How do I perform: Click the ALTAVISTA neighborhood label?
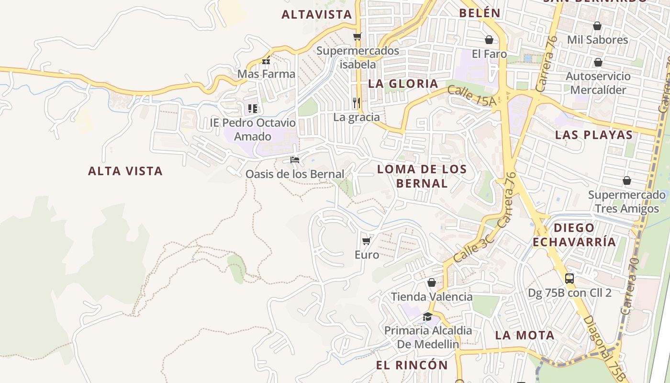tap(317, 14)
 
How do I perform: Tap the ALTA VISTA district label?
tap(125, 171)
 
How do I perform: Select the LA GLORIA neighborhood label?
tap(403, 84)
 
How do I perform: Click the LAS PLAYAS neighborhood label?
tap(593, 135)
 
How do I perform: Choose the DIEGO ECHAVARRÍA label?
tap(574, 235)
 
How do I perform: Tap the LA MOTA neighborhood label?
tap(525, 335)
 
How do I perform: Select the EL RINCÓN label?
tap(412, 365)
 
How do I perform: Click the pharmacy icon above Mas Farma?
tap(266, 61)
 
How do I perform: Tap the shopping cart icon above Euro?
tap(367, 241)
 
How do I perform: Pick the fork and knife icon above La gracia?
tap(357, 103)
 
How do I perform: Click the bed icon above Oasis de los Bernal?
tap(294, 159)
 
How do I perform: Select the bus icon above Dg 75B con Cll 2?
tap(569, 279)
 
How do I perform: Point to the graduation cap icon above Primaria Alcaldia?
tap(427, 316)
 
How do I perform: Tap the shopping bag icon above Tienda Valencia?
tap(432, 282)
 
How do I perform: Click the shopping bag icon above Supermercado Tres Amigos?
tap(627, 180)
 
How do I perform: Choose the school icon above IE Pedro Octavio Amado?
tap(252, 109)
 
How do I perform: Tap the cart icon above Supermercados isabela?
tap(357, 36)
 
